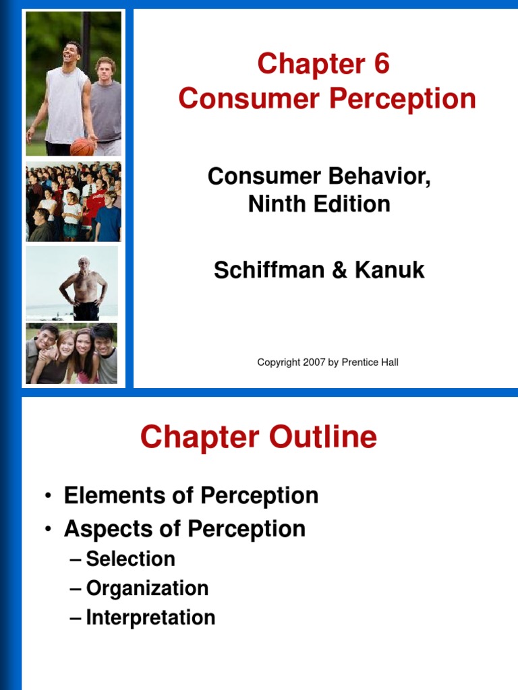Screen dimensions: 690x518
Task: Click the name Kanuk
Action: tap(391, 270)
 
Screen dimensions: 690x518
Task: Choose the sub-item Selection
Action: tap(131, 559)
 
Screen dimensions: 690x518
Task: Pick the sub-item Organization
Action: tap(147, 588)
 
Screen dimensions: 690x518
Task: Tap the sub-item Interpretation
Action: tap(150, 618)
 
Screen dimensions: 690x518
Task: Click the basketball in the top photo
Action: tap(82, 146)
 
